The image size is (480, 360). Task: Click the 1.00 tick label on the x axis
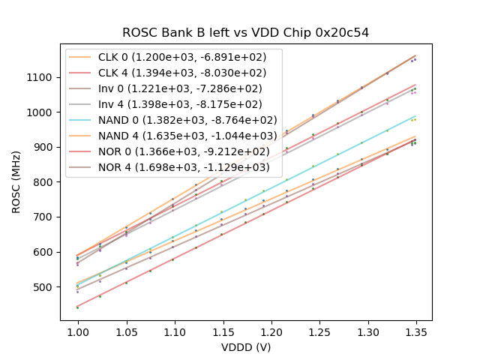78,331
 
